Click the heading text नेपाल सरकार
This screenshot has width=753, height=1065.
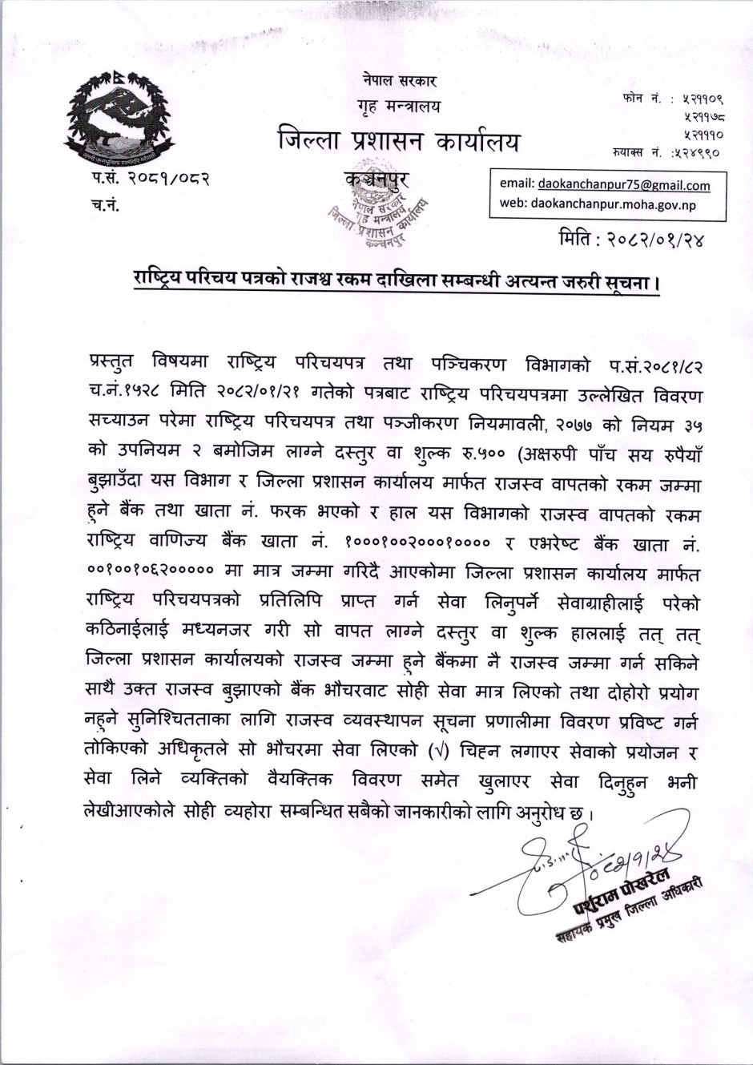pos(398,81)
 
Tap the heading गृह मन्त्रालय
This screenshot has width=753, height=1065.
pos(398,107)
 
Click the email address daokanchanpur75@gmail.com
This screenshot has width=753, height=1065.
pos(624,185)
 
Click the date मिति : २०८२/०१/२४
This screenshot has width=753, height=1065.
pos(632,239)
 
